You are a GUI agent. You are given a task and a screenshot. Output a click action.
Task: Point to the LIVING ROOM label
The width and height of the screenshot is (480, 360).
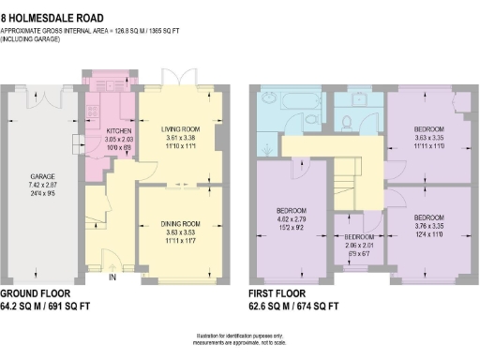182,128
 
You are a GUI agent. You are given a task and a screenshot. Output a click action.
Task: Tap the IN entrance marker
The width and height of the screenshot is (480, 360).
113,277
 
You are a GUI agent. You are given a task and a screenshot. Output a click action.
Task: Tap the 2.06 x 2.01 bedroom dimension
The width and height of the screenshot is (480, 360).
361,247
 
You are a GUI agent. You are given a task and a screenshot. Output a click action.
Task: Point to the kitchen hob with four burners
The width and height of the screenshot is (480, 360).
93,108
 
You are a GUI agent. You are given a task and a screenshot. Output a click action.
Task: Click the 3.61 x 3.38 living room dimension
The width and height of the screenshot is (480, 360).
182,138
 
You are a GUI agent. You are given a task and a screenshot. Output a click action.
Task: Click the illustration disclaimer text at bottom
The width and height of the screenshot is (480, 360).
240,339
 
